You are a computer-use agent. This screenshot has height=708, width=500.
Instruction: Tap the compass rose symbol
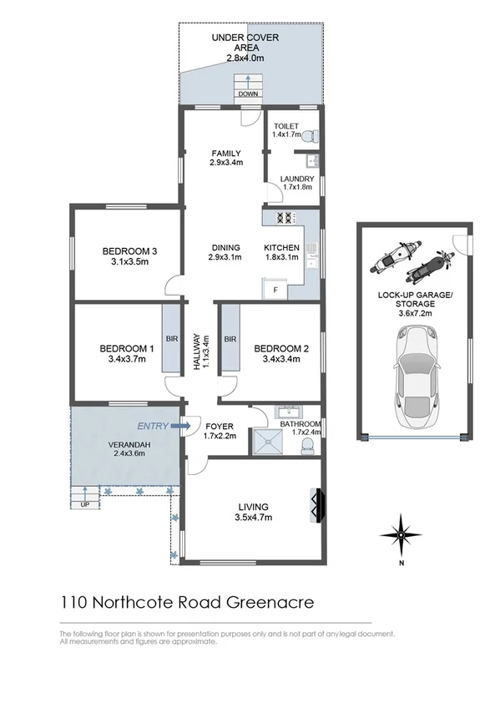tap(402, 534)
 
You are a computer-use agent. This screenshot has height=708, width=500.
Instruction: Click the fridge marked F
tap(275, 290)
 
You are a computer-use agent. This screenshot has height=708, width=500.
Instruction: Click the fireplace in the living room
tap(316, 505)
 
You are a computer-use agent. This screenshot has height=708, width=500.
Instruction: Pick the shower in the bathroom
tap(270, 442)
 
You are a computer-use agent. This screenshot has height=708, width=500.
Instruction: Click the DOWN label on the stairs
tap(248, 94)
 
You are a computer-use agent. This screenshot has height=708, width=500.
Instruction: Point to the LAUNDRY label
tap(297, 179)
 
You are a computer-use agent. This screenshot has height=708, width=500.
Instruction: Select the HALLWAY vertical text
tap(197, 351)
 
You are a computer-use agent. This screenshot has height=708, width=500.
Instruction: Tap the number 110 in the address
tap(74, 601)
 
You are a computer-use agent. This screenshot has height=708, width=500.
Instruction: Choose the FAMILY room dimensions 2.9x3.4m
tap(225, 164)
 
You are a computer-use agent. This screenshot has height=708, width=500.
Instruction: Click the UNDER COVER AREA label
tap(245, 43)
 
